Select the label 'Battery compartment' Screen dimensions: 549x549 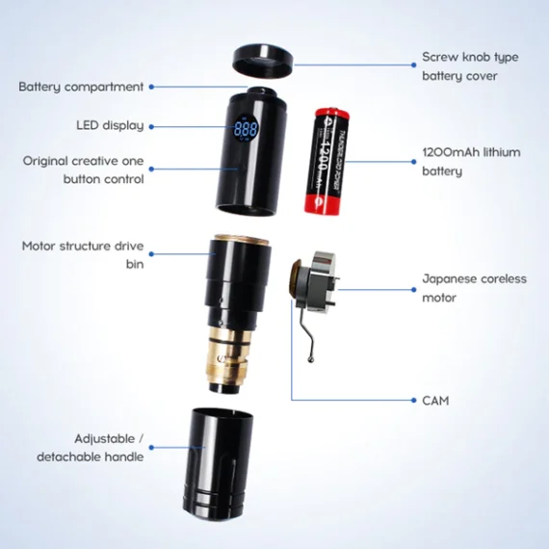coord(81,87)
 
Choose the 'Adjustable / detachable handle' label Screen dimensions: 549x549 coord(91,447)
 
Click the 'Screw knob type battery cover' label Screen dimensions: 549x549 coord(469,65)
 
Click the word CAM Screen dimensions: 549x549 coord(435,400)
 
